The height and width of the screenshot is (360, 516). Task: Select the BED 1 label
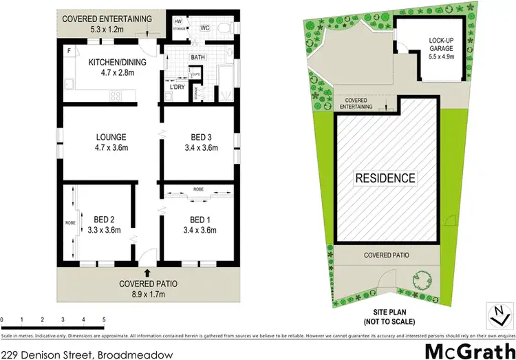[197, 220]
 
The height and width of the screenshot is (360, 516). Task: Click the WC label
[204, 28]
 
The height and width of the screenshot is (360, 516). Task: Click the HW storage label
[177, 22]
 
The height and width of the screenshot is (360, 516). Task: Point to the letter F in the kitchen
[68, 51]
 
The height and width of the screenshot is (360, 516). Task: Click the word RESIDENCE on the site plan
[385, 178]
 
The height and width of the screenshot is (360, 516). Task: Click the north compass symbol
[497, 314]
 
